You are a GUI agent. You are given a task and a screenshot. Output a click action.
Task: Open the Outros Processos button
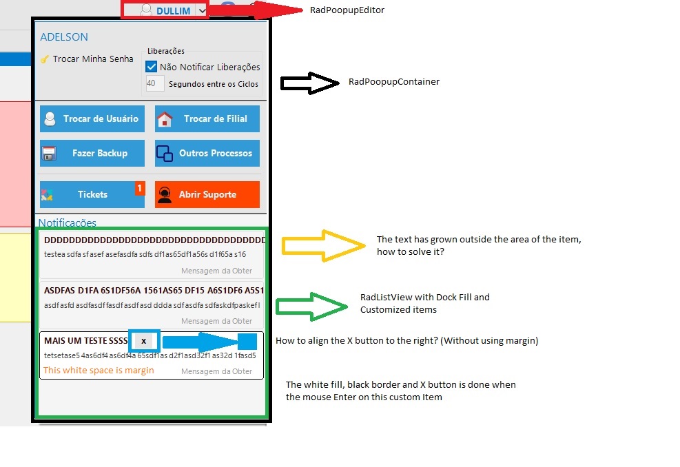pyautogui.click(x=207, y=153)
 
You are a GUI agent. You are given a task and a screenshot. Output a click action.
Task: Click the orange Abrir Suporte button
pyautogui.click(x=207, y=194)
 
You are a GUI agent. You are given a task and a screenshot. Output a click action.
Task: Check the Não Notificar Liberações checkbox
pyautogui.click(x=152, y=67)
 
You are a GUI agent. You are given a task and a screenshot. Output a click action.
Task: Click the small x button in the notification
pyautogui.click(x=143, y=341)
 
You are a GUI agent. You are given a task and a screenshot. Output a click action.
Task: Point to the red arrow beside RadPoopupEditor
pyautogui.click(x=255, y=10)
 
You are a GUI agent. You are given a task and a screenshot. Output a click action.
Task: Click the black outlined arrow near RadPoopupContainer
pyautogui.click(x=310, y=83)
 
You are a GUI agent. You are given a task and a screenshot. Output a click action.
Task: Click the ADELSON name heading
pyautogui.click(x=64, y=37)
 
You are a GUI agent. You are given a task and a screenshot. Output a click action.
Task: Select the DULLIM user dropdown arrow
pyautogui.click(x=200, y=10)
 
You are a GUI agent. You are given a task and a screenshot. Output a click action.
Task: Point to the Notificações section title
pyautogui.click(x=68, y=223)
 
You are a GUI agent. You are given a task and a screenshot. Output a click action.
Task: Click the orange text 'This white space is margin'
pyautogui.click(x=99, y=371)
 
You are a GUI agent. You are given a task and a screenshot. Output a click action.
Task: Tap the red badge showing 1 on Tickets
pyautogui.click(x=139, y=188)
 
